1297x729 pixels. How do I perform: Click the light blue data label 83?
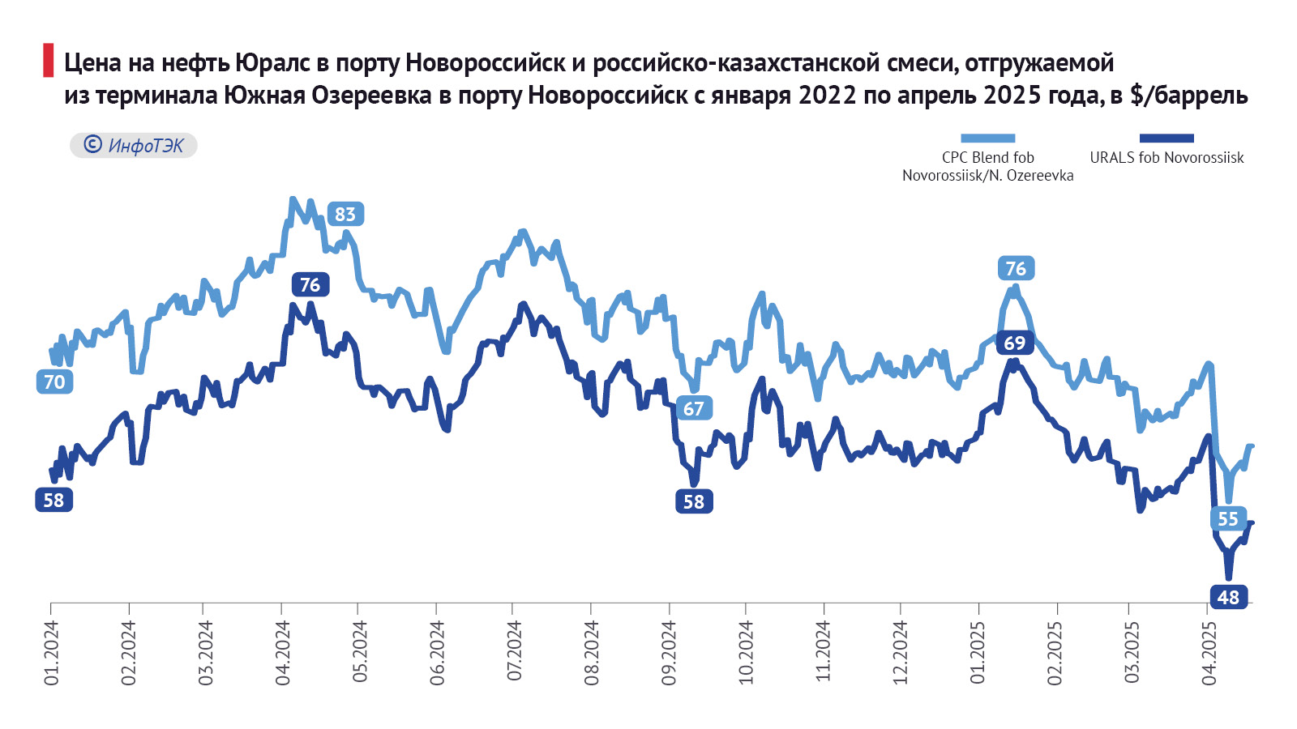pyautogui.click(x=345, y=215)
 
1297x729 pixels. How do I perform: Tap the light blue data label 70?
pyautogui.click(x=54, y=382)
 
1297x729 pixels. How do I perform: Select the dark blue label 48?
pyautogui.click(x=1228, y=598)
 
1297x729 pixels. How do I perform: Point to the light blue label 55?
pyautogui.click(x=1228, y=519)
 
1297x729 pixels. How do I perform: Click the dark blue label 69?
pyautogui.click(x=1014, y=343)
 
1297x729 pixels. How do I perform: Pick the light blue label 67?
pyautogui.click(x=694, y=409)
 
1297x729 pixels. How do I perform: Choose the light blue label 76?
pyautogui.click(x=1016, y=269)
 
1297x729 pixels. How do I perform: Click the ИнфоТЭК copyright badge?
pyautogui.click(x=134, y=146)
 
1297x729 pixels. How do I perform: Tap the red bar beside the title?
pyautogui.click(x=48, y=62)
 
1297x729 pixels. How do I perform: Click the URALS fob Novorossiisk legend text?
pyautogui.click(x=1166, y=158)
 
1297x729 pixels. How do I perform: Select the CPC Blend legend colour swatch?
pyautogui.click(x=987, y=139)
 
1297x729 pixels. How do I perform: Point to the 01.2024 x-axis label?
pyautogui.click(x=52, y=653)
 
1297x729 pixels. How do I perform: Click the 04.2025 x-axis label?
pyautogui.click(x=1209, y=653)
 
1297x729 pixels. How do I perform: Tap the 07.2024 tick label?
pyautogui.click(x=515, y=653)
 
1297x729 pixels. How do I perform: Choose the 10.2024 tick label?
pyautogui.click(x=747, y=653)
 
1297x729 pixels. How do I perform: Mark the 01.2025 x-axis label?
pyautogui.click(x=978, y=653)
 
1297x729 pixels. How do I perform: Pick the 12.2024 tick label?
pyautogui.click(x=901, y=653)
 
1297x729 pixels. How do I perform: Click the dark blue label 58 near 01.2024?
pyautogui.click(x=54, y=501)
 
